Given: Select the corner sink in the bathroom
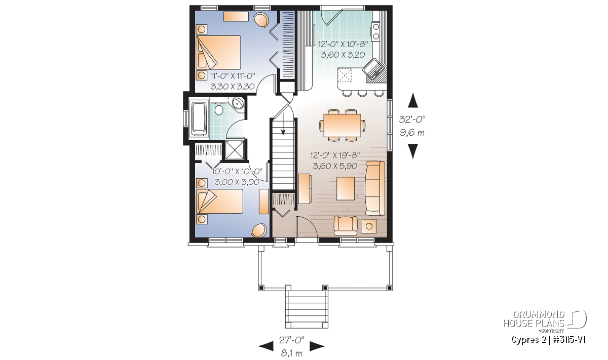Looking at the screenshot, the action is click(239, 103).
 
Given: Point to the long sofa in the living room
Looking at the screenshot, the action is click(375, 188).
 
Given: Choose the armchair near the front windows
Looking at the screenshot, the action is click(346, 225).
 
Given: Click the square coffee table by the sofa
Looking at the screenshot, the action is click(346, 188).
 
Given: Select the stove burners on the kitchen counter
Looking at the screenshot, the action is click(376, 31).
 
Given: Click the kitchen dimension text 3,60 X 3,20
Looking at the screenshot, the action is click(343, 55).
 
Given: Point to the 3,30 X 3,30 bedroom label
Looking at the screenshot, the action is click(233, 87).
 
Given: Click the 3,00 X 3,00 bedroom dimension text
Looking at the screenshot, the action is click(237, 182).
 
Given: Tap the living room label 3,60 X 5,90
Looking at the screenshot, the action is click(335, 166).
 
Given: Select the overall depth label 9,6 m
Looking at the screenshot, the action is click(412, 133).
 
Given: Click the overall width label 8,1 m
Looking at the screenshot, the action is click(291, 353).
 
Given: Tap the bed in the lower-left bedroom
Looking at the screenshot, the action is click(219, 202).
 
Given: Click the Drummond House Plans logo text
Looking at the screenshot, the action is click(535, 319).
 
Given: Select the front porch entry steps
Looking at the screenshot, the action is click(307, 308).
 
